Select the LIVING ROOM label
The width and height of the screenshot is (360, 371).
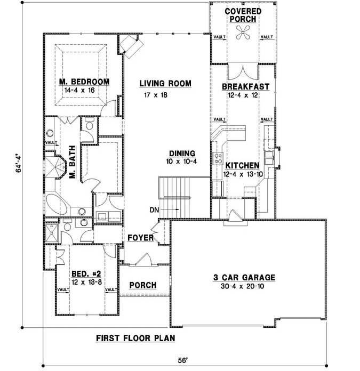pyautogui.click(x=165, y=84)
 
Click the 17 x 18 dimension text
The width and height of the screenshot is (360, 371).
pyautogui.click(x=156, y=95)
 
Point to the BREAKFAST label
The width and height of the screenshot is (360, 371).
pyautogui.click(x=245, y=86)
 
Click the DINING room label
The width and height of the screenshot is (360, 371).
pyautogui.click(x=182, y=153)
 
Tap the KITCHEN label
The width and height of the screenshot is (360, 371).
pyautogui.click(x=242, y=166)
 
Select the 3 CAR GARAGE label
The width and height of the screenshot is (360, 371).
pyautogui.click(x=244, y=277)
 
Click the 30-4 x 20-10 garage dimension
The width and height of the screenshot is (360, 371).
pyautogui.click(x=244, y=286)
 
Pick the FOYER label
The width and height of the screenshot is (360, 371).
pyautogui.click(x=140, y=238)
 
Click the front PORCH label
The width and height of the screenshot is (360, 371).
pyautogui.click(x=143, y=285)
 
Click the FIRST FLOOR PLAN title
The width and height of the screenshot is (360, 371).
pyautogui.click(x=135, y=338)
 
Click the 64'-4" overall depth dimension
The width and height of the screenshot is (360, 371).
pyautogui.click(x=17, y=167)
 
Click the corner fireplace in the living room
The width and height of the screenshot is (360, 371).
pyautogui.click(x=129, y=45)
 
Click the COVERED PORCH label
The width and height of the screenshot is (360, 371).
pyautogui.click(x=243, y=15)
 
